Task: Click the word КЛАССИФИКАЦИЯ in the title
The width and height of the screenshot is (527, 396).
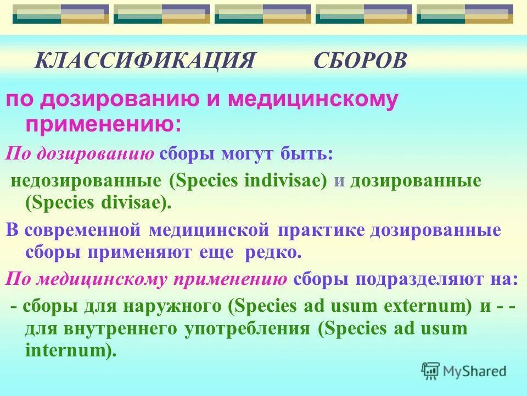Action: [145, 61]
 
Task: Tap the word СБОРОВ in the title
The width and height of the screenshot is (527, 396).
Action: [360, 61]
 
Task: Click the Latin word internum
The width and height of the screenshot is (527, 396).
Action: [71, 350]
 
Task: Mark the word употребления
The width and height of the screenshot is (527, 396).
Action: [250, 328]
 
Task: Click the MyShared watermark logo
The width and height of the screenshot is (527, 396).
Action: [464, 371]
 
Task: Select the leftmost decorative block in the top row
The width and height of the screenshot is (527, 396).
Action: [61, 14]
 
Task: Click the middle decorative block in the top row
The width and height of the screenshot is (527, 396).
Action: [263, 14]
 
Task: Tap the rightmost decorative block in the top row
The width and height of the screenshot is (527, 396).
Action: [465, 14]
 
